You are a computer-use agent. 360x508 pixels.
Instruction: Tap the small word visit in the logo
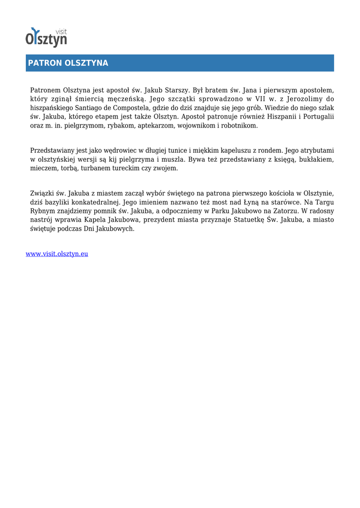(x=62, y=32)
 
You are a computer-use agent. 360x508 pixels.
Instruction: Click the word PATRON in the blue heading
(x=44, y=63)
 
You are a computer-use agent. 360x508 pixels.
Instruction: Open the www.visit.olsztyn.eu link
(x=57, y=254)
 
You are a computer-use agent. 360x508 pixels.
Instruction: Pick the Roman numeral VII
(x=261, y=99)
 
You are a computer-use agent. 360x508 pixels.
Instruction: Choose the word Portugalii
(x=315, y=117)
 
